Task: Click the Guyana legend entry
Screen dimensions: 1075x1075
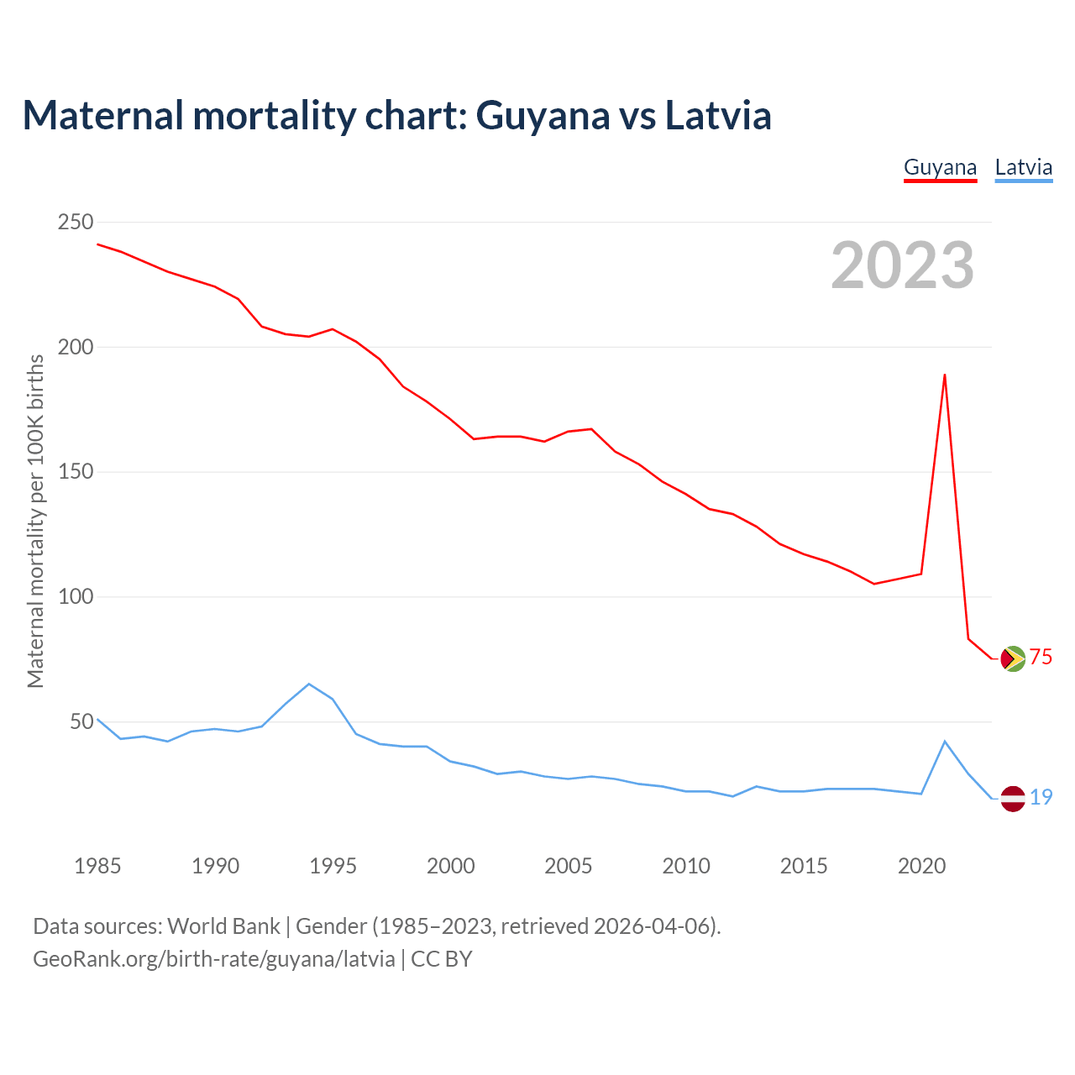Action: click(x=940, y=167)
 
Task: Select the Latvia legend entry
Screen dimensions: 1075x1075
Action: click(x=1023, y=167)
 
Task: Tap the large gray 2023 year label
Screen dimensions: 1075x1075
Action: click(x=903, y=265)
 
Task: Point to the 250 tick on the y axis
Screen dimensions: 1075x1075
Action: click(x=75, y=223)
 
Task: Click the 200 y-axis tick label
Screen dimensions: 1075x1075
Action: click(x=75, y=347)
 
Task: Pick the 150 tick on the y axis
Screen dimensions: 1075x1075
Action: click(x=75, y=472)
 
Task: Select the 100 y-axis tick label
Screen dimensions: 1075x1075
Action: click(x=75, y=597)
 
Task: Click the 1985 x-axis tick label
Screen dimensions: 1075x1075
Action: click(x=97, y=866)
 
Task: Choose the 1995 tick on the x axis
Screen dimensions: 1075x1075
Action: click(x=333, y=866)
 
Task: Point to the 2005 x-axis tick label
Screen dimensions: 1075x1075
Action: click(x=569, y=866)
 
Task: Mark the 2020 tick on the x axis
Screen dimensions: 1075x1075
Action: click(x=921, y=866)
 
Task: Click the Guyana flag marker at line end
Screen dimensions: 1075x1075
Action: click(x=1013, y=658)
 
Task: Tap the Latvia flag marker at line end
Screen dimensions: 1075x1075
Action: click(x=1013, y=799)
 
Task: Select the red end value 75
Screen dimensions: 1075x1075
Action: click(x=1041, y=658)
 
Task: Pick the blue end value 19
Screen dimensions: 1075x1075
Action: click(x=1041, y=797)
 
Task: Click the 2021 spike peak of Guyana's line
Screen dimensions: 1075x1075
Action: click(x=945, y=375)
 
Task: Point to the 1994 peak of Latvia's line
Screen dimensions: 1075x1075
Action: click(x=309, y=684)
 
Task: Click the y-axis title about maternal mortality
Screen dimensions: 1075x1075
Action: click(x=35, y=521)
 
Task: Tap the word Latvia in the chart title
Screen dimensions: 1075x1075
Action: click(x=718, y=115)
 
